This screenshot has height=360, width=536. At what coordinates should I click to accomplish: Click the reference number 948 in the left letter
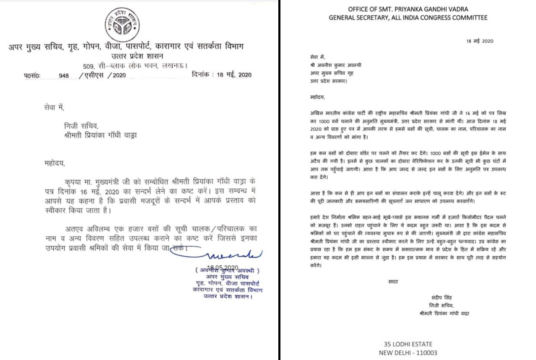tap(64, 75)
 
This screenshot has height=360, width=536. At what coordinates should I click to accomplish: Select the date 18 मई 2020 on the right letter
tap(480, 41)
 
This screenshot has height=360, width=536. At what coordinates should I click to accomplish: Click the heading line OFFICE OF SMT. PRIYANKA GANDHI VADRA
tap(408, 9)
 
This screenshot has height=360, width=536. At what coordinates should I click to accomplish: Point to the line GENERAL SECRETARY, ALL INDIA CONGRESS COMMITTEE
tap(408, 17)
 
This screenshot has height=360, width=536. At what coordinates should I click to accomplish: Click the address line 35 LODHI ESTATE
tap(408, 344)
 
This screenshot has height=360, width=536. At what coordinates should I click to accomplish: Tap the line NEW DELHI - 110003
tap(408, 353)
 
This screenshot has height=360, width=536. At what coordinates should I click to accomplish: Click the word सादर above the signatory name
tap(393, 282)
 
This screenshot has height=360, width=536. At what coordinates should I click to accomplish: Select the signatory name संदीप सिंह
tap(441, 297)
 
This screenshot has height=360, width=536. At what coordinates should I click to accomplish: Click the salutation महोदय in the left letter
tap(55, 163)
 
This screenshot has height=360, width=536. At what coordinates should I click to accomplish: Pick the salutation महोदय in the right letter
tap(317, 97)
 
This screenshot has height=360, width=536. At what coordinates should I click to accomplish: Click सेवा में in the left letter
tap(54, 107)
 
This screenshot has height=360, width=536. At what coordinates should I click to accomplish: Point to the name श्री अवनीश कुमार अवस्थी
tap(336, 65)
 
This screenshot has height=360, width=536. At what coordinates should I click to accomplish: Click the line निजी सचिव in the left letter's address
tap(81, 126)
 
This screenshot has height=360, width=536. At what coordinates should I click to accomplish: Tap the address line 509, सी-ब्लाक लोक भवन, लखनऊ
tap(135, 66)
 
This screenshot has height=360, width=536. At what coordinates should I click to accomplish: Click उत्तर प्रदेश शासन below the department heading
tap(137, 56)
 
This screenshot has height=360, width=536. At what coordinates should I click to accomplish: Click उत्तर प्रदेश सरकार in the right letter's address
tap(329, 81)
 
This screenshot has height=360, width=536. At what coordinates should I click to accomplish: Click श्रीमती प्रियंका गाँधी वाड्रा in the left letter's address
tap(100, 135)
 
